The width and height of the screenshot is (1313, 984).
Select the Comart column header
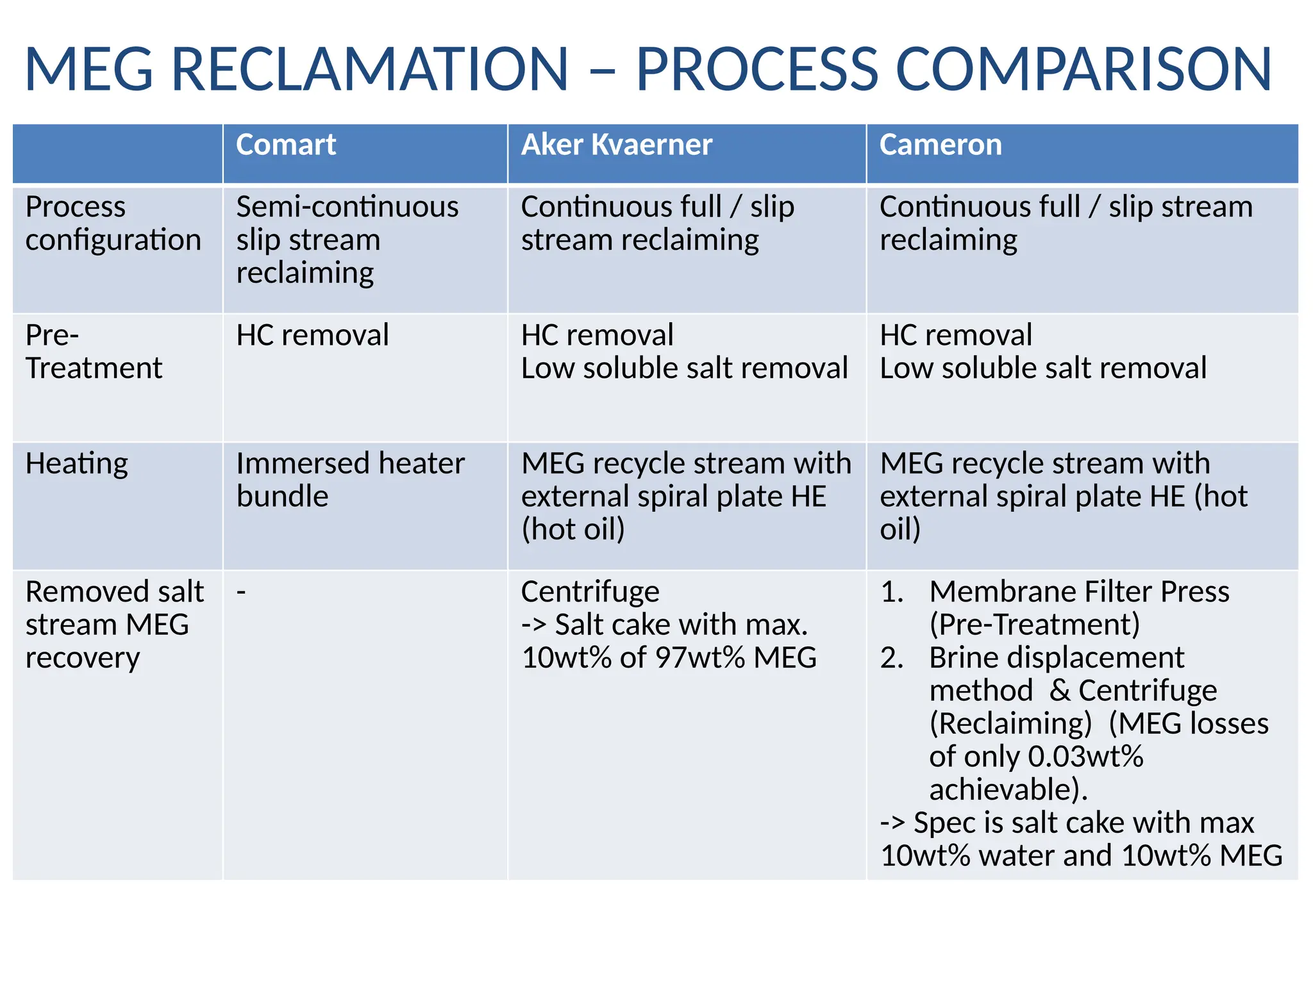point(285,145)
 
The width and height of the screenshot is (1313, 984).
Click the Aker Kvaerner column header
point(616,145)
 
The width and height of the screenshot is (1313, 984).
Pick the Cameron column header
point(940,145)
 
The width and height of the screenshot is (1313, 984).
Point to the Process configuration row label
point(113,223)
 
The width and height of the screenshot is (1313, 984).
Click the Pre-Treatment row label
point(94,352)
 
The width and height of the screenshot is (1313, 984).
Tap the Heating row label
point(76,463)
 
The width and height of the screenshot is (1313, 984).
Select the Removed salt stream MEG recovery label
point(114,625)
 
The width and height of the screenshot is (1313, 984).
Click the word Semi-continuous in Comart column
point(347,207)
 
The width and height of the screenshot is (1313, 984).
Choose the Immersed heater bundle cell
point(349,480)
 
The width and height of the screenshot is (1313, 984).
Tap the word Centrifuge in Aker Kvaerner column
point(590,592)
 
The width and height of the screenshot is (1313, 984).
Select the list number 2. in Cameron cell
point(892,658)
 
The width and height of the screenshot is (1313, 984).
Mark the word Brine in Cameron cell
point(967,658)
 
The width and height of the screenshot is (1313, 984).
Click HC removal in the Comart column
point(312,336)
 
